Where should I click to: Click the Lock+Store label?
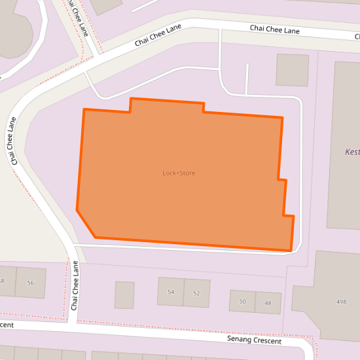click(179, 173)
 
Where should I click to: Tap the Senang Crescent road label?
click(254, 340)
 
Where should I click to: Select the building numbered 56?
click(30, 283)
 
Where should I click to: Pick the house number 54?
click(171, 292)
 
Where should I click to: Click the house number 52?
click(196, 293)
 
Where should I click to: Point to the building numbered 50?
click(242, 301)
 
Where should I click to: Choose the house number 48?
click(268, 303)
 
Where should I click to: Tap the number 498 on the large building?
click(341, 302)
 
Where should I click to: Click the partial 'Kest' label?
click(352, 152)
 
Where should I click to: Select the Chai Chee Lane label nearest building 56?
click(75, 285)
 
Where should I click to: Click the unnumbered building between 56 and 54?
click(124, 295)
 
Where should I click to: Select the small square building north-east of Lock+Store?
click(292, 70)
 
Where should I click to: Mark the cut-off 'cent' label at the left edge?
click(7, 325)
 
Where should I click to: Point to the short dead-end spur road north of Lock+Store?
click(247, 79)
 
